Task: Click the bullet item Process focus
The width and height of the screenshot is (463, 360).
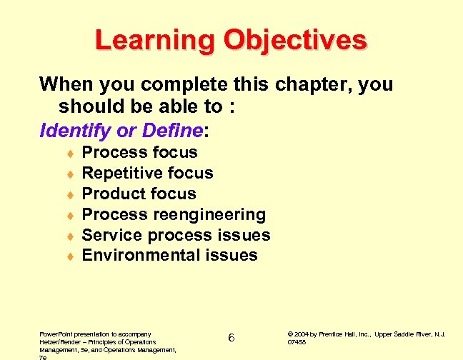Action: (x=140, y=152)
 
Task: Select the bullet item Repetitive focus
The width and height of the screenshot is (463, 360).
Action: (x=147, y=173)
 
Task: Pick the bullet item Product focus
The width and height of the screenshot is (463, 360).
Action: (x=139, y=194)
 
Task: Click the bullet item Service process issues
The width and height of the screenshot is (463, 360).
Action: (x=176, y=235)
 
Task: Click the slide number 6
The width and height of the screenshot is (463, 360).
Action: (x=231, y=337)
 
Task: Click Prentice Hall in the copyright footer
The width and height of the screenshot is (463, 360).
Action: (x=342, y=334)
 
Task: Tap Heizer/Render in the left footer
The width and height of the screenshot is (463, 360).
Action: (x=59, y=342)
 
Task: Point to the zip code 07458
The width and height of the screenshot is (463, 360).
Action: (x=297, y=342)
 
